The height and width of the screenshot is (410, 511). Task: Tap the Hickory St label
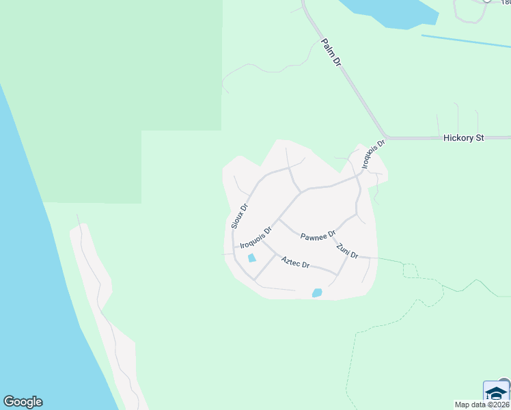pyautogui.click(x=463, y=138)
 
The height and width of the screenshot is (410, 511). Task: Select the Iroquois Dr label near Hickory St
pyautogui.click(x=374, y=154)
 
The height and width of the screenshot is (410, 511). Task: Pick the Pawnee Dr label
pyautogui.click(x=318, y=234)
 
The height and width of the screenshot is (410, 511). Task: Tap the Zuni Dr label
pyautogui.click(x=347, y=251)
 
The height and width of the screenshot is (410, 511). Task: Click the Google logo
pyautogui.click(x=23, y=402)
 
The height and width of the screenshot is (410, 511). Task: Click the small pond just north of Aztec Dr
pyautogui.click(x=251, y=258)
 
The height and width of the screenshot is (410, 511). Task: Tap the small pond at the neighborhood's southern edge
pyautogui.click(x=317, y=292)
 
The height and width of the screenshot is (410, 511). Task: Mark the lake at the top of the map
pyautogui.click(x=389, y=12)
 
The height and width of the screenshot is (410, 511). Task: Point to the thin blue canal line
pyautogui.click(x=465, y=41)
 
